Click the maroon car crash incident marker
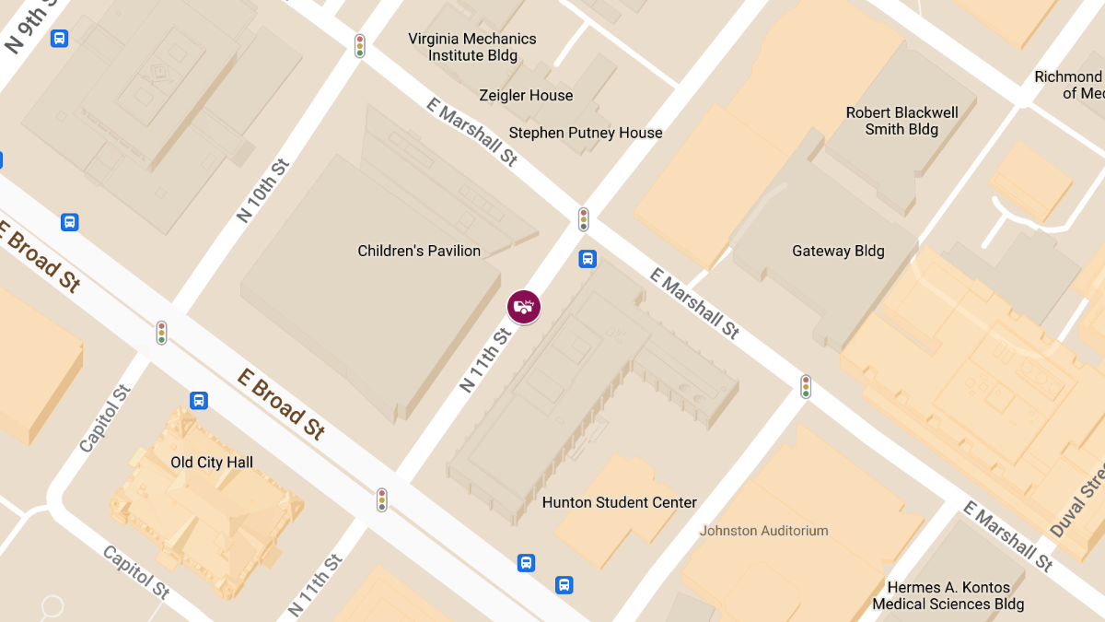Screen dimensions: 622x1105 [x=524, y=306]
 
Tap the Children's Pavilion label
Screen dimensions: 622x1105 [x=419, y=251]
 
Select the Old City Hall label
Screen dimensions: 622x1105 [x=212, y=463]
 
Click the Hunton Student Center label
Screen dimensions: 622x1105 [x=619, y=502]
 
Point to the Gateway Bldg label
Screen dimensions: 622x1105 [x=838, y=251]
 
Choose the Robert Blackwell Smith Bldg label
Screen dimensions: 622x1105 [x=901, y=121]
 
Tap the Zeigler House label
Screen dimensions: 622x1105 [x=526, y=96]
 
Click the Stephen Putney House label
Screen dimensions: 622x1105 [x=586, y=133]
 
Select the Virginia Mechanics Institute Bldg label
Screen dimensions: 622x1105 [x=472, y=47]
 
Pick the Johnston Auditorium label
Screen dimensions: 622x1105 [x=763, y=531]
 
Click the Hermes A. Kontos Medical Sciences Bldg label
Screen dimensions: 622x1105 [x=948, y=595]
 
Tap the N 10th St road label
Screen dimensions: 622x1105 [x=263, y=191]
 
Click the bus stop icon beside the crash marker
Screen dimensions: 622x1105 [x=587, y=259]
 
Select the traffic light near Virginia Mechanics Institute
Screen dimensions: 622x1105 [x=360, y=45]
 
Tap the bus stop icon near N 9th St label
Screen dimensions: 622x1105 [x=60, y=39]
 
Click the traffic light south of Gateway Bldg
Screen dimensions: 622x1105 [x=806, y=386]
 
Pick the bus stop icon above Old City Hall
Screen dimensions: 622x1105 [x=199, y=401]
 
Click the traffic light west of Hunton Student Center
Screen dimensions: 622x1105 [x=381, y=499]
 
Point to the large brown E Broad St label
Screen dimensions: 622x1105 [x=281, y=404]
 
